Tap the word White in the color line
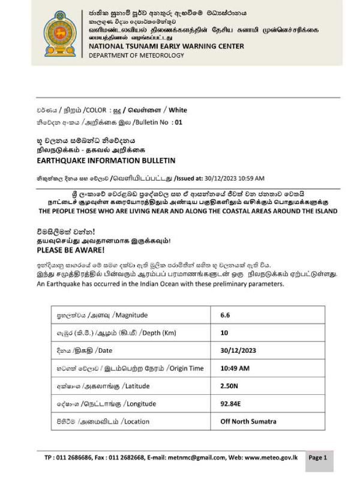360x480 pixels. (x=178, y=110)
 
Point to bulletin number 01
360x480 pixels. (x=177, y=121)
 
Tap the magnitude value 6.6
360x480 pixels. (x=226, y=315)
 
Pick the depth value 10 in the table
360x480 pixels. (x=224, y=332)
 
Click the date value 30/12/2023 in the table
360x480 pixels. (x=239, y=350)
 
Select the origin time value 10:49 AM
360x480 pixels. (x=236, y=368)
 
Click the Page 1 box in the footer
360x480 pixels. (x=317, y=457)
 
